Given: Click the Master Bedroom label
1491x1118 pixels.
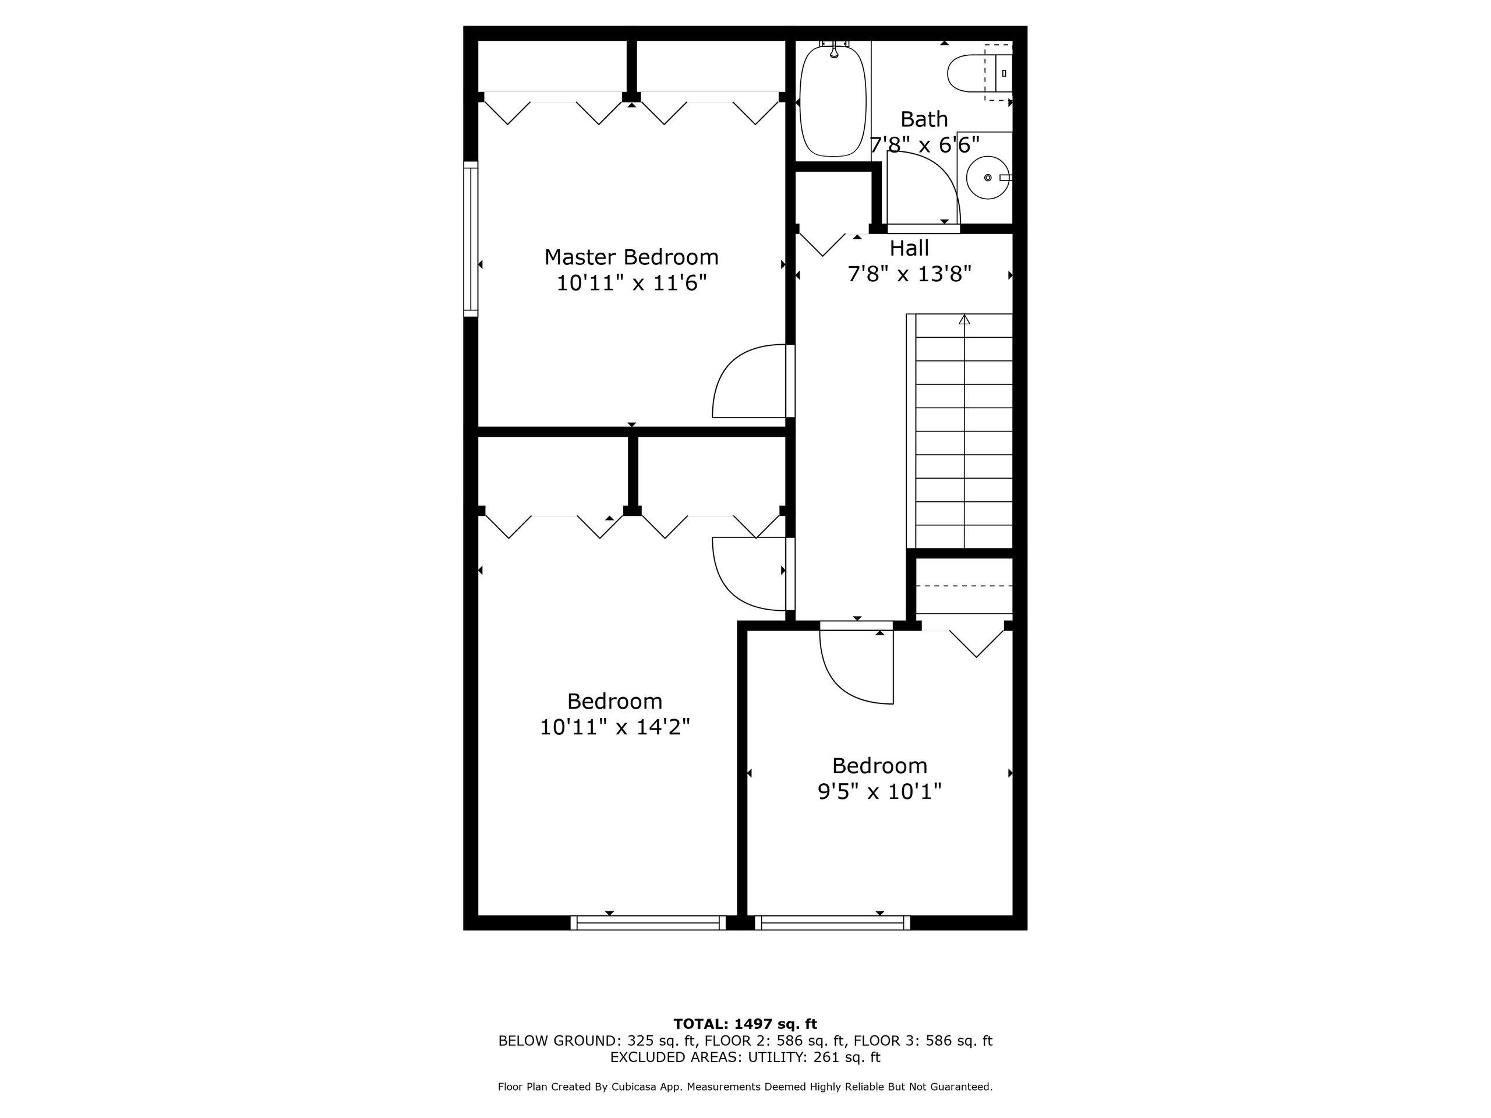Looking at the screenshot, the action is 631,257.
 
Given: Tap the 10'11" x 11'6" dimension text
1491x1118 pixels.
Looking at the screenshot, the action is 631,283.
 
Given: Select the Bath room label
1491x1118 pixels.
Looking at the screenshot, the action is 924,119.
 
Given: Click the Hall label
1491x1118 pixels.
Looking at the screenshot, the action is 909,248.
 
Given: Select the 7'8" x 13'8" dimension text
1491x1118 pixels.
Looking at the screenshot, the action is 909,274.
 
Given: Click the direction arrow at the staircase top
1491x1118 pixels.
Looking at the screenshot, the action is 964,320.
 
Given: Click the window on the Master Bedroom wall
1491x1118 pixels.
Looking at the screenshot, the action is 471,239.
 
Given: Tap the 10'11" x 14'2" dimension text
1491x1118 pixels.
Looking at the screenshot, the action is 614,727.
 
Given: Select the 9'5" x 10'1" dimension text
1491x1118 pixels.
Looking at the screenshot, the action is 879,791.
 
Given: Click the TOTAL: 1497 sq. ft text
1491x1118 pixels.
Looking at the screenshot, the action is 745,1024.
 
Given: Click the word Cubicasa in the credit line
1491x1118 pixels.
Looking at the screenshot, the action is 646,1087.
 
